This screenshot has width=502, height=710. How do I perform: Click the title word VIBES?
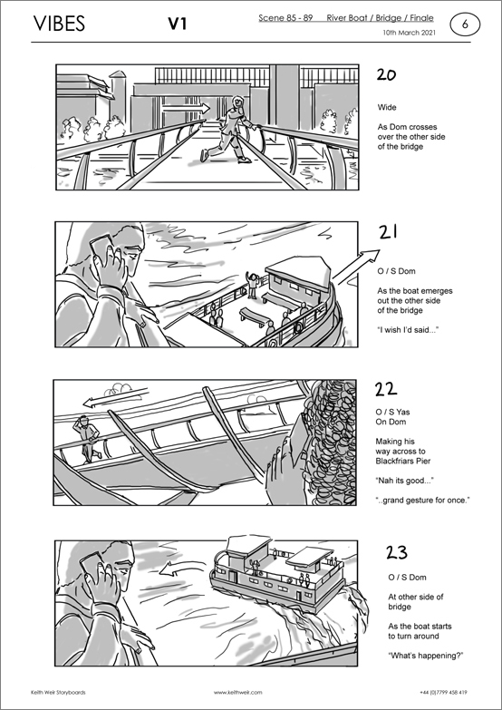coord(59,24)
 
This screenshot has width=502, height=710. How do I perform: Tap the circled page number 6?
coord(465,24)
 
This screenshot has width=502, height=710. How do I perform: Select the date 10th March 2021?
coord(410,33)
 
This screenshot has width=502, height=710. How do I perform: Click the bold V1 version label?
coord(178,24)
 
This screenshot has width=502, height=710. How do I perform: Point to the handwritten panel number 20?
coord(386,74)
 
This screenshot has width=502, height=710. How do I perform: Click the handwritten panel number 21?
coord(389,232)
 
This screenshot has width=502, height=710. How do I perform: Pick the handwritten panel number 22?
coord(386,389)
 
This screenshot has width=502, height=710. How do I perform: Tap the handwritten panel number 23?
coord(397,552)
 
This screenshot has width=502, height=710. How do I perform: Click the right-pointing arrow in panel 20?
coord(186,108)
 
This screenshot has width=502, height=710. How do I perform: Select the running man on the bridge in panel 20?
coord(229,129)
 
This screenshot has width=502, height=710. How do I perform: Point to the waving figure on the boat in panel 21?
coord(252,286)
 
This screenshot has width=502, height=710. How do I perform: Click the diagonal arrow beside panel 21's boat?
coord(356,267)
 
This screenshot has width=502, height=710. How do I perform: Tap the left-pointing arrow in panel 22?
coord(116,397)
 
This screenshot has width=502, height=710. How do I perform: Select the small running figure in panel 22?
coord(86,439)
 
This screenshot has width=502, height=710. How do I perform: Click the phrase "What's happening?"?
coord(426,656)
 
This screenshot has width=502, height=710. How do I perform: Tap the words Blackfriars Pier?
coord(403,461)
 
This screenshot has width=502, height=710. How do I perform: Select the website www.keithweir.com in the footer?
coord(237,693)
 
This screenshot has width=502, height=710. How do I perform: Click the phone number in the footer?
coord(444,693)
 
